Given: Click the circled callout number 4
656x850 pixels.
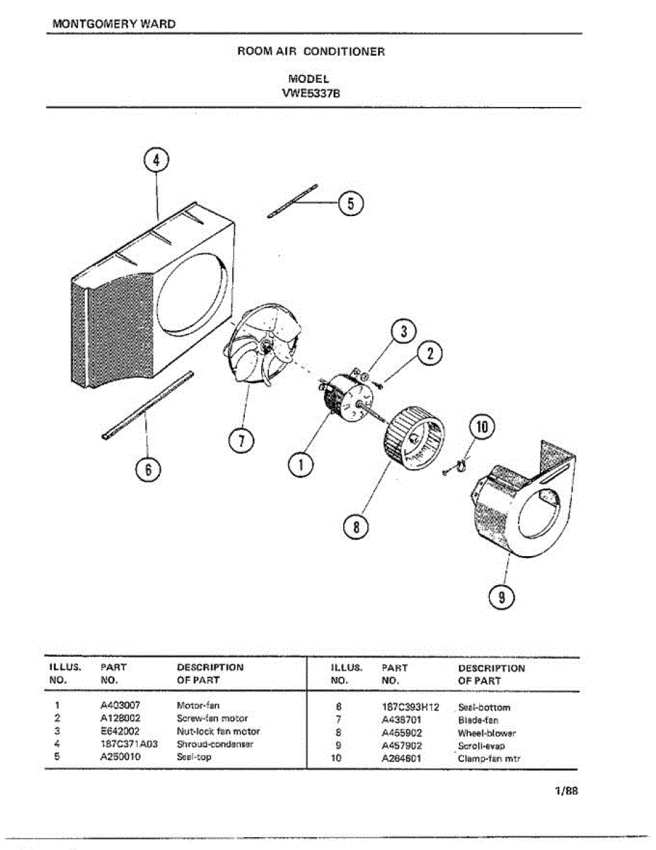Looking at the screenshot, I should [157, 161].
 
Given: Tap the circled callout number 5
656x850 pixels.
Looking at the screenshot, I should [350, 203].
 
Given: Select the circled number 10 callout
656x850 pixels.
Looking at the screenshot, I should [483, 427].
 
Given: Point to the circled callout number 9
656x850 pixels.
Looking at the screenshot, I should [502, 597].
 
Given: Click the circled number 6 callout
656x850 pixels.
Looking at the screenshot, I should [149, 470].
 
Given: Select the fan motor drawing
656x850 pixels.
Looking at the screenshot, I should [345, 400].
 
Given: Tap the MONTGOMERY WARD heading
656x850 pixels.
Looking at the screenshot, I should [115, 24].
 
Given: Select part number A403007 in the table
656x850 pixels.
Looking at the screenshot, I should [120, 705].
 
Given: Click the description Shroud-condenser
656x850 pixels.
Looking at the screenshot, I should [214, 744].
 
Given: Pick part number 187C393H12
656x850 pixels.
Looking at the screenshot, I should [410, 707].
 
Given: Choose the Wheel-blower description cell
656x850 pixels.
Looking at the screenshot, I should [487, 733].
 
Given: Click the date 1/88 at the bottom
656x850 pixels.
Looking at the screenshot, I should [566, 791].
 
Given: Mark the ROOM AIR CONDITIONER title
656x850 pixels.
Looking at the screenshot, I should [311, 52].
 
